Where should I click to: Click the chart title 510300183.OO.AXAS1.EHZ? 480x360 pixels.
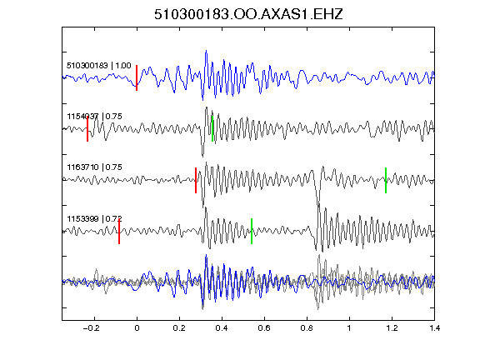coord(248,14)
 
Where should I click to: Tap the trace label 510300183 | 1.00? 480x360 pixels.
coord(99,66)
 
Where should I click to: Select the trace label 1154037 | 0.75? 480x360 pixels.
coord(95,117)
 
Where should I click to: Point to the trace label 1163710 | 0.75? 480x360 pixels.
coord(95,167)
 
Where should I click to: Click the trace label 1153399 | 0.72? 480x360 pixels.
coord(95,218)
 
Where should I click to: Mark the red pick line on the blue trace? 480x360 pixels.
coord(137,77)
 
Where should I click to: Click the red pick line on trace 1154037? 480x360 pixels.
coord(87,129)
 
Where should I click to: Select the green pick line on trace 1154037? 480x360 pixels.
coord(212,129)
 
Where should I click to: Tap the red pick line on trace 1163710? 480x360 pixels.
coord(196,180)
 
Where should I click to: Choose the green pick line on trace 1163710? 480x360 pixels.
coord(386,180)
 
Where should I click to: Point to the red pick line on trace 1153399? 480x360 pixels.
coord(119,231)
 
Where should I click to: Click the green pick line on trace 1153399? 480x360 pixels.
coord(252,231)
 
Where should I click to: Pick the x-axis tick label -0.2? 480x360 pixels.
coord(92,328)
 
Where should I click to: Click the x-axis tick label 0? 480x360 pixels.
coord(137,328)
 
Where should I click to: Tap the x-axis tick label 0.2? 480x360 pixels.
coord(179,328)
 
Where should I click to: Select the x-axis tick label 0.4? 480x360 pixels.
coord(222,328)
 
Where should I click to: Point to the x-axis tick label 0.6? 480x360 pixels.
coord(264,328)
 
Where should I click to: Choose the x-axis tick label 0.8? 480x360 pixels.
coord(307,328)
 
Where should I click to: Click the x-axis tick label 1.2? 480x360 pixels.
coord(392,328)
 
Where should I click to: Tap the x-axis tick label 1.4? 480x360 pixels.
coord(434,328)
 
